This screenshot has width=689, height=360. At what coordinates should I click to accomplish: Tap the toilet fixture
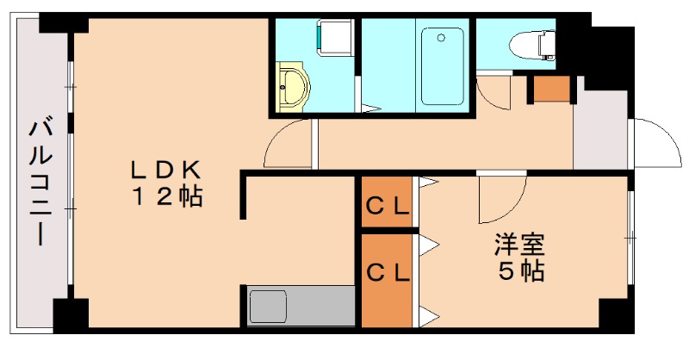coord(532,40)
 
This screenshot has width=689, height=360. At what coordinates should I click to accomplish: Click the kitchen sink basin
coord(268,306)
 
